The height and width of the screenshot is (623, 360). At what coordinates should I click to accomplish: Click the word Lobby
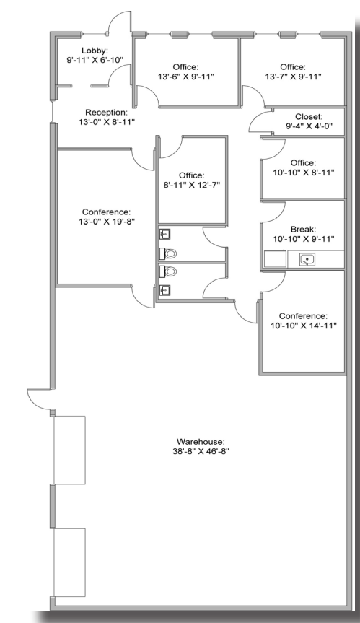(x=95, y=51)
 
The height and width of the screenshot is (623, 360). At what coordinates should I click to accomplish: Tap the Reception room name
(x=107, y=113)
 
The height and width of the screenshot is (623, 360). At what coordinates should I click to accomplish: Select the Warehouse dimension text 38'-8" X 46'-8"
(x=201, y=451)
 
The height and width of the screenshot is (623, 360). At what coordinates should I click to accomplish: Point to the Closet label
(x=309, y=117)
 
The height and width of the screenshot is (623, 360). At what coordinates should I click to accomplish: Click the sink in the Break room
(x=307, y=260)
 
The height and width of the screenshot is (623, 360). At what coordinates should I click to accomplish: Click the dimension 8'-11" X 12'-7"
(x=192, y=185)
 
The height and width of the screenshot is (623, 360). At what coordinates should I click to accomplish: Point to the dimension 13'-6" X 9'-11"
(x=185, y=77)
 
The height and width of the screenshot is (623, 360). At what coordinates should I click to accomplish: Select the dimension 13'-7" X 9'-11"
(x=293, y=77)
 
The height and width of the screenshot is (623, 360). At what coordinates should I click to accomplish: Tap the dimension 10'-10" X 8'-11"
(x=304, y=173)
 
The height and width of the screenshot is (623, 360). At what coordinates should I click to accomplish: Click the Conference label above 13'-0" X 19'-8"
(x=106, y=212)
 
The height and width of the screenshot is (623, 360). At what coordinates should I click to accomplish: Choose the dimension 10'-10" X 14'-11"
(x=304, y=326)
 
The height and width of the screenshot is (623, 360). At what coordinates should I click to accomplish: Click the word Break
(x=303, y=230)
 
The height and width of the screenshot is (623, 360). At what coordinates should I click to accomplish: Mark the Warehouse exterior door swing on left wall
(x=39, y=398)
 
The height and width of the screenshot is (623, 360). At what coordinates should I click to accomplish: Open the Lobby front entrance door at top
(x=119, y=22)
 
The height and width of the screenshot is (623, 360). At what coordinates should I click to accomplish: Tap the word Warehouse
(x=201, y=441)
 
